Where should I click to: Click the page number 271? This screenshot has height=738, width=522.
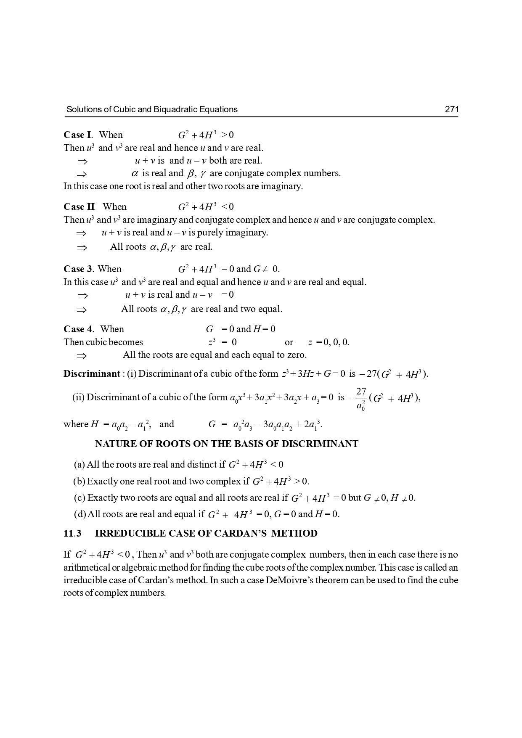click(451, 110)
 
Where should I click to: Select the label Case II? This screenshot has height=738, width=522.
click(79, 207)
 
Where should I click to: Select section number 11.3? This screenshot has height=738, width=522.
click(72, 534)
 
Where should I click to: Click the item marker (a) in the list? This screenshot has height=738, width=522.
click(79, 465)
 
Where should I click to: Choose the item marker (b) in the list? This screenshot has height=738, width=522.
click(79, 481)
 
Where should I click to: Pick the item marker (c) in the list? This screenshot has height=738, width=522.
click(79, 498)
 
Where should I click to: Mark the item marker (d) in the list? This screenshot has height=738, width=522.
click(79, 514)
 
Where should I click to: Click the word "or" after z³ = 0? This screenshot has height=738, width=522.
click(289, 342)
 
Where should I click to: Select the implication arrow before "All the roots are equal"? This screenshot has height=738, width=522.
click(82, 356)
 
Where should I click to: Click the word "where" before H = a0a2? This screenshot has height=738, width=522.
click(76, 424)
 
